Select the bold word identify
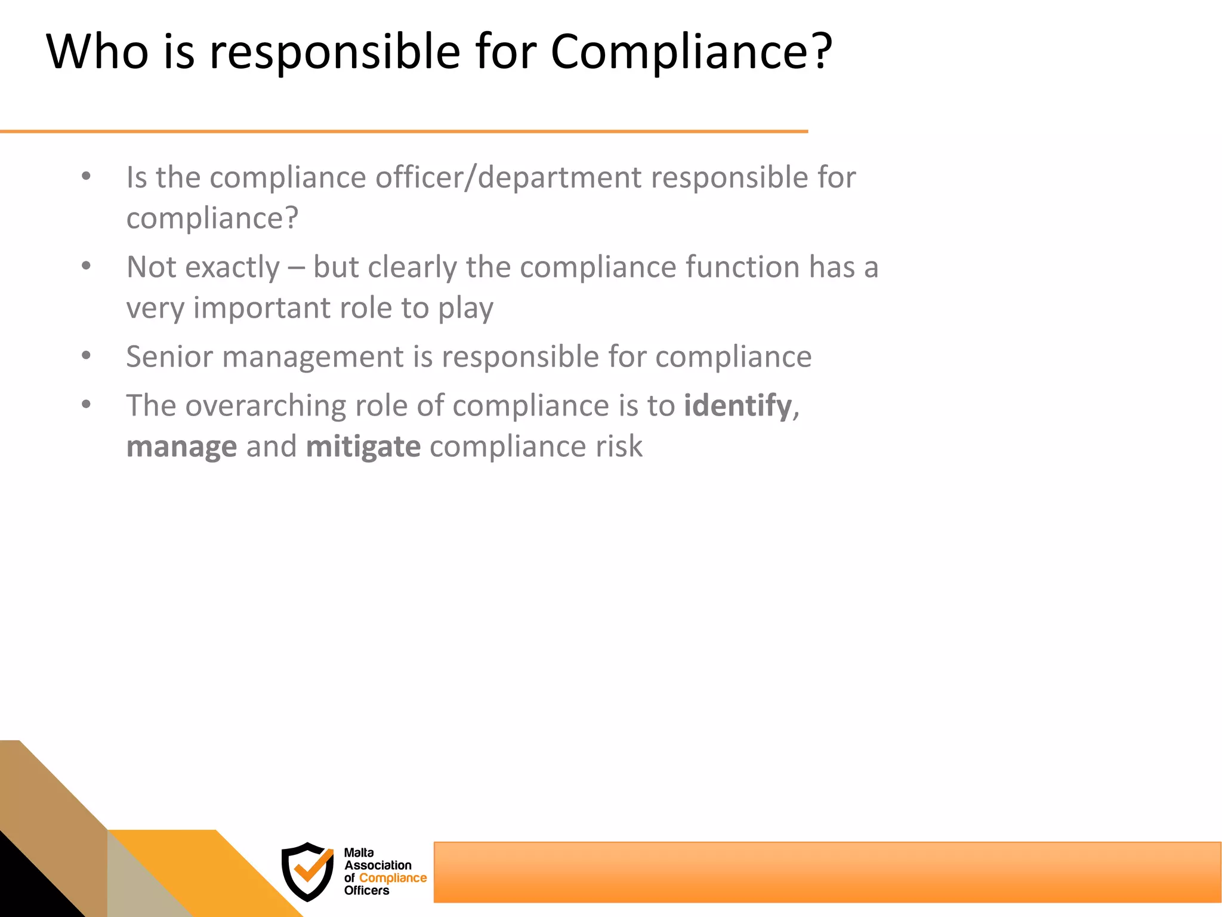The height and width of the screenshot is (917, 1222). click(737, 406)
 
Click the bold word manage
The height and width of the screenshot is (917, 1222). click(181, 447)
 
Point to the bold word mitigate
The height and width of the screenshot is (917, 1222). click(363, 447)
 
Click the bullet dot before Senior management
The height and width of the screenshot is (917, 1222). click(87, 356)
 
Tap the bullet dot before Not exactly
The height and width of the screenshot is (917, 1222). click(87, 266)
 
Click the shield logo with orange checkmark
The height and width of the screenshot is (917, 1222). click(308, 871)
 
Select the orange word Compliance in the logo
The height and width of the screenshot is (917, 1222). click(393, 878)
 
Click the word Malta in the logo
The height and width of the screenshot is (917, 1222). click(359, 853)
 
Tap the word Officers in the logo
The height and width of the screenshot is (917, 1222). click(366, 890)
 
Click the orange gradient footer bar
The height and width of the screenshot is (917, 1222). click(826, 872)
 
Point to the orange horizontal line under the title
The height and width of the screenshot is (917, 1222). click(403, 131)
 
